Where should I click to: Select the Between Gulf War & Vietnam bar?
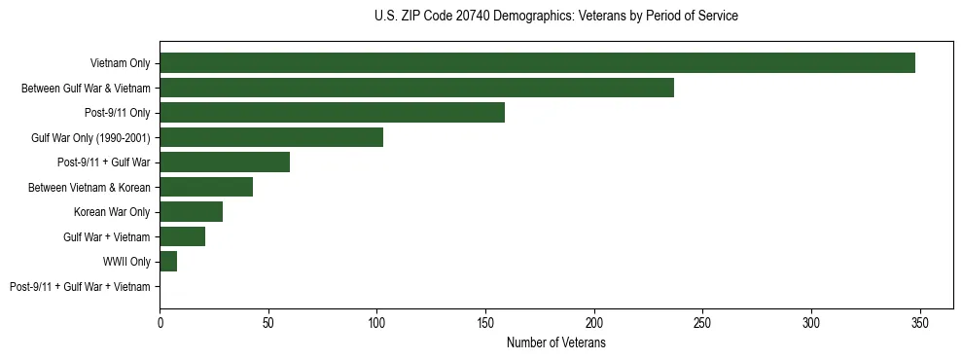[x=416, y=88]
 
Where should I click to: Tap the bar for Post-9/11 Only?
[x=332, y=113]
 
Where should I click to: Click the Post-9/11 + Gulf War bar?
[x=225, y=162]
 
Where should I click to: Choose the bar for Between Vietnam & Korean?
[x=206, y=187]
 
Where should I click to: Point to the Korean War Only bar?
[x=192, y=212]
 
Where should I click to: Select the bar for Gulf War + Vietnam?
[x=183, y=236]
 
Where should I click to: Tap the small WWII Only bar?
[x=168, y=262]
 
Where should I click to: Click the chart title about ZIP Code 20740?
[x=555, y=17]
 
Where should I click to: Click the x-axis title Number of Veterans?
[x=555, y=343]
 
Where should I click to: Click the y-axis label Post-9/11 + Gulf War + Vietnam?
[x=80, y=287]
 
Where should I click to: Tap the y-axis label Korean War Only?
[x=112, y=212]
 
